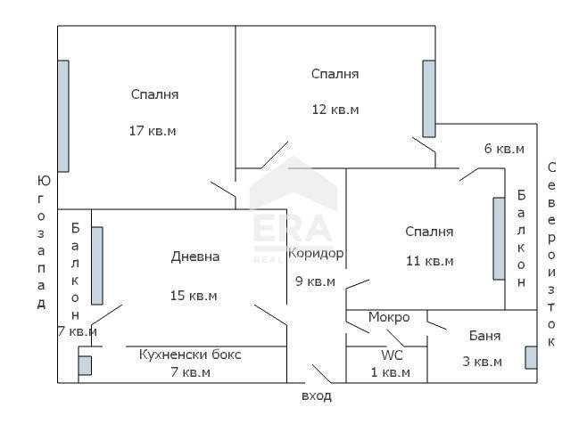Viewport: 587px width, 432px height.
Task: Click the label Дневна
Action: [194, 257]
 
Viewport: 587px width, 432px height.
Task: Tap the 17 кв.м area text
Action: [153, 130]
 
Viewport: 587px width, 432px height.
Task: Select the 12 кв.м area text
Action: [335, 110]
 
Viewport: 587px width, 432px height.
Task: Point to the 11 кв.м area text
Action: [429, 261]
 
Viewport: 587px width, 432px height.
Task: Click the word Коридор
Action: [316, 253]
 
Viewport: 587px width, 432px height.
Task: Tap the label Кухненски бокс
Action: [190, 355]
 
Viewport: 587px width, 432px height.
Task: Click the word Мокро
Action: [389, 317]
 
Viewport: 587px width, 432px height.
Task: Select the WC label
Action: [392, 355]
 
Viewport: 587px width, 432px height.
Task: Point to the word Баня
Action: [484, 336]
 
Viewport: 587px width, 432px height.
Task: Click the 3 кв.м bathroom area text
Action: [483, 362]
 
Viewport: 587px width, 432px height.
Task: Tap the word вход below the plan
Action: [317, 396]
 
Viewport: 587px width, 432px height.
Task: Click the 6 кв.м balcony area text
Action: [504, 149]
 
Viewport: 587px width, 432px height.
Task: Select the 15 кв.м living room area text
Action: [194, 296]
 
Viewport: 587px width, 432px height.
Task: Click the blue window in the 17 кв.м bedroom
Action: [63, 116]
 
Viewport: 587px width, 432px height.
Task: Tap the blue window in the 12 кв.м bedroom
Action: [429, 99]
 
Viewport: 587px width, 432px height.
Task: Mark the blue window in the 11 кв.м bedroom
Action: [499, 239]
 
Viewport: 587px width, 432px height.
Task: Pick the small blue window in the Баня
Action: [531, 356]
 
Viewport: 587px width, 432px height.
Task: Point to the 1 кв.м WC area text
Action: [392, 372]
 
